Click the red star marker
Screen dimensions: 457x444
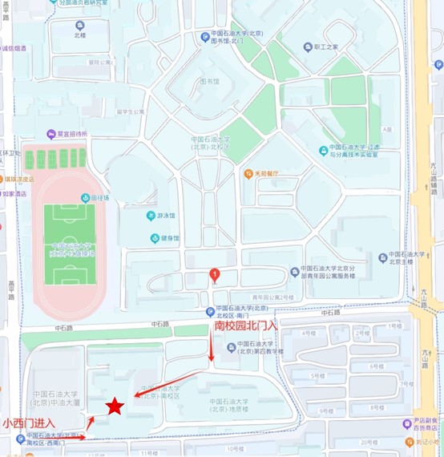[115, 406]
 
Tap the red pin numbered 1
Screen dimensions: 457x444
[214, 275]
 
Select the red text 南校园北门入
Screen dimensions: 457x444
[245, 326]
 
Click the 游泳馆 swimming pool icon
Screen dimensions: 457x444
[151, 216]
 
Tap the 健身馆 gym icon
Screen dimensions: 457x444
[154, 237]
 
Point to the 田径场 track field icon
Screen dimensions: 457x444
[84, 198]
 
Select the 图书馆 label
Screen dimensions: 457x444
[208, 82]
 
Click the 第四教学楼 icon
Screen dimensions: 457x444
[230, 347]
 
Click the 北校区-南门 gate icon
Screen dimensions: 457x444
[210, 311]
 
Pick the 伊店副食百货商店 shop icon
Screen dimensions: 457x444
[410, 423]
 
